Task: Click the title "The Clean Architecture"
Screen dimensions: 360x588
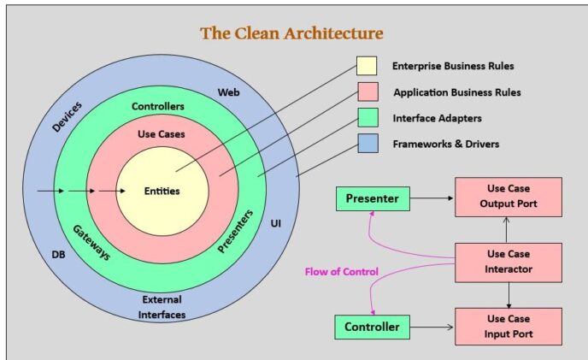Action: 291,33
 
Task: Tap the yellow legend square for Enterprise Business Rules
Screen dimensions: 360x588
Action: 367,66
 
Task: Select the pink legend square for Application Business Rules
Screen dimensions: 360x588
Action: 367,91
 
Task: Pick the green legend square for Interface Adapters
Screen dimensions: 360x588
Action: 367,118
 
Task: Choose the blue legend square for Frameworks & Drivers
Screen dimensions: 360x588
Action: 367,144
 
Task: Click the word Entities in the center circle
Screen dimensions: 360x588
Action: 162,191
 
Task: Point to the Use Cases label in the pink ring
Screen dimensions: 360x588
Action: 161,134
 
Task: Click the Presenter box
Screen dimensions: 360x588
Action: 373,199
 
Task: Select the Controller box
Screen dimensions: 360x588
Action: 373,327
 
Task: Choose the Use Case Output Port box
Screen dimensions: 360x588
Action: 508,198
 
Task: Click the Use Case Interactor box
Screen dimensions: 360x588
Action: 508,263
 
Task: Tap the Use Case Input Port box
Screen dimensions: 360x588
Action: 508,326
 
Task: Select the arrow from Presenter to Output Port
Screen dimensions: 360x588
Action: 431,199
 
